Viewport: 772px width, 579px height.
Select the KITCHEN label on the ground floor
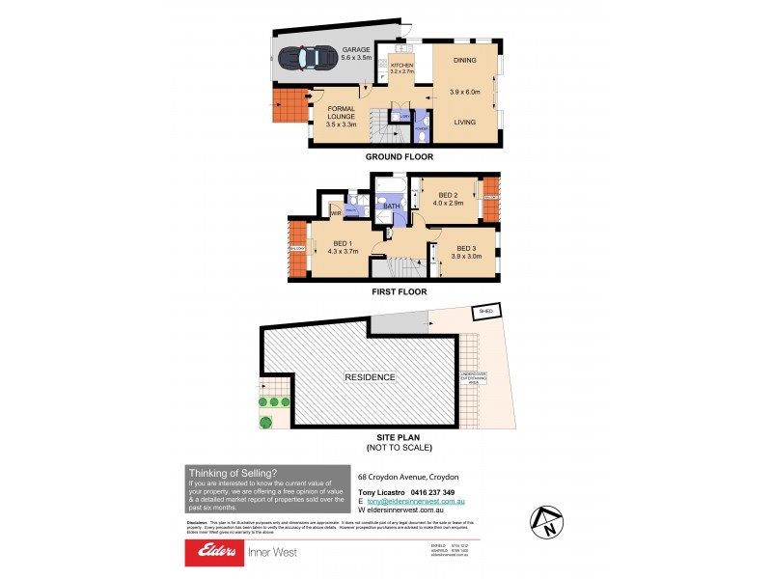click(x=401, y=65)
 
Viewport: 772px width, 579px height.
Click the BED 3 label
click(x=467, y=247)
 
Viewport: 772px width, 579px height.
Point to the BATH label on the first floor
click(x=391, y=206)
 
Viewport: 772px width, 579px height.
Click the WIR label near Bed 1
click(x=335, y=213)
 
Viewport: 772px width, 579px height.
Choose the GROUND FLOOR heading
click(x=399, y=156)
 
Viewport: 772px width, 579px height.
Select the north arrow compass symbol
click(x=545, y=522)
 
